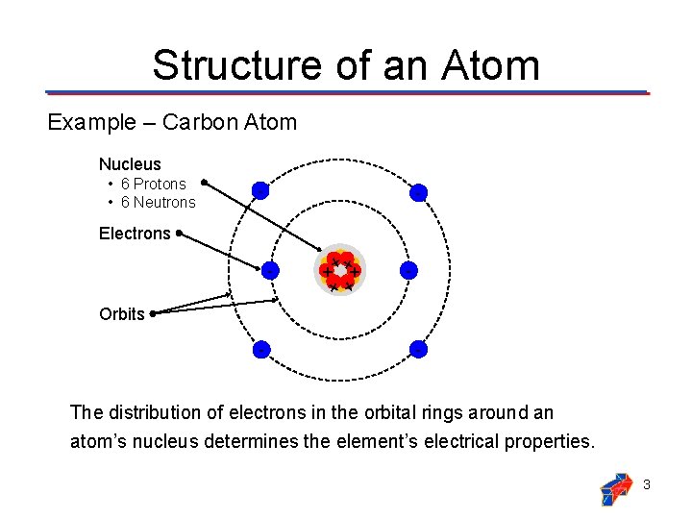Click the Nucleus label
click(130, 164)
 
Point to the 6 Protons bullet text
click(154, 184)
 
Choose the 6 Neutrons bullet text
click(158, 202)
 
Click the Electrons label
click(135, 234)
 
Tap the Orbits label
click(122, 314)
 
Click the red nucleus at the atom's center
click(340, 271)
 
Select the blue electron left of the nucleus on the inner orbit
click(270, 271)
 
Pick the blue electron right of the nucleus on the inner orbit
click(408, 271)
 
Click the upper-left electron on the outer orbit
click(259, 191)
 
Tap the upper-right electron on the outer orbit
click(418, 192)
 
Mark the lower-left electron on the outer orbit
click(259, 350)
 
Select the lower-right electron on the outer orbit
click(418, 350)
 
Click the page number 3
click(647, 484)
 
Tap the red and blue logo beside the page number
click(616, 487)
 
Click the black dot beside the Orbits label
click(153, 312)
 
